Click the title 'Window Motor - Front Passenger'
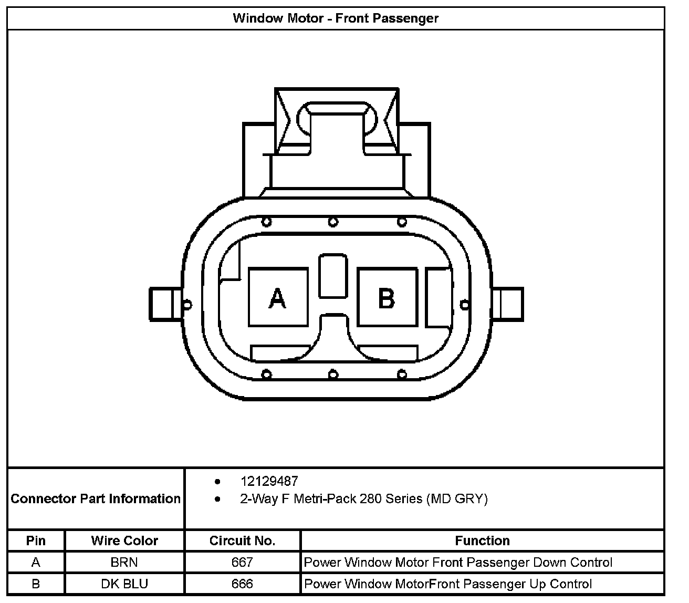[x=336, y=18]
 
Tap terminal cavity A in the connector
[x=278, y=297]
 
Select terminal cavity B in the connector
[x=387, y=297]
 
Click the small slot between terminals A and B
[x=333, y=276]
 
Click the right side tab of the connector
[x=507, y=304]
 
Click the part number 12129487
[x=269, y=481]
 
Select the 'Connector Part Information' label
[x=96, y=498]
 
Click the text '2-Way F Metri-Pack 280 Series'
[x=331, y=498]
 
